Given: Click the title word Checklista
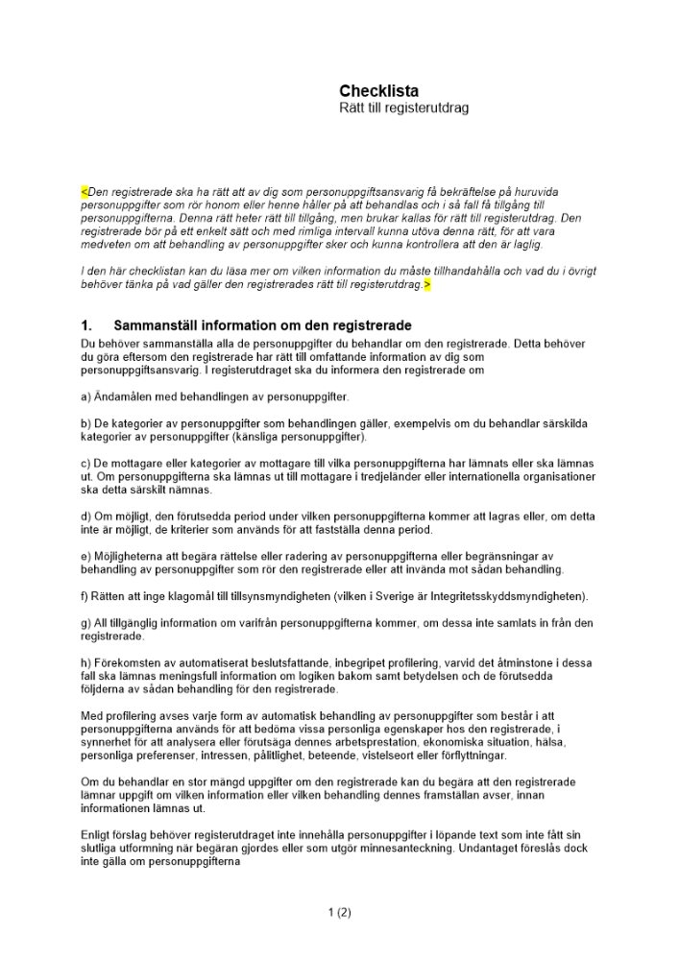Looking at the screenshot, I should [x=378, y=91].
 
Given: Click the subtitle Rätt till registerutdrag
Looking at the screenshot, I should [x=403, y=108].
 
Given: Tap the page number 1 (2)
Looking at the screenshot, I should [x=339, y=913].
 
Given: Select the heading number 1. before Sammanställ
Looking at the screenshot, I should [x=86, y=326].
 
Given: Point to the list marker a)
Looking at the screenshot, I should [x=86, y=396].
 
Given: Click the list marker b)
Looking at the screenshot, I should [x=86, y=423].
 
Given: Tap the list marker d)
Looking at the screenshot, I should [x=86, y=517].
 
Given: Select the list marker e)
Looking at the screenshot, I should [x=86, y=557].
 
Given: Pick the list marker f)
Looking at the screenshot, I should [x=85, y=596].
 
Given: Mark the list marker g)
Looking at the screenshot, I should [x=86, y=623].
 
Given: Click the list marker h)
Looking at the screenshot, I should [x=86, y=663].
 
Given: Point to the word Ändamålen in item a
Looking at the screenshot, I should [x=119, y=396].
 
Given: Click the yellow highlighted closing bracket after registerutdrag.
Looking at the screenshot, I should [x=427, y=285].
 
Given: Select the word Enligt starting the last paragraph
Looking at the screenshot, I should [x=96, y=835].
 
